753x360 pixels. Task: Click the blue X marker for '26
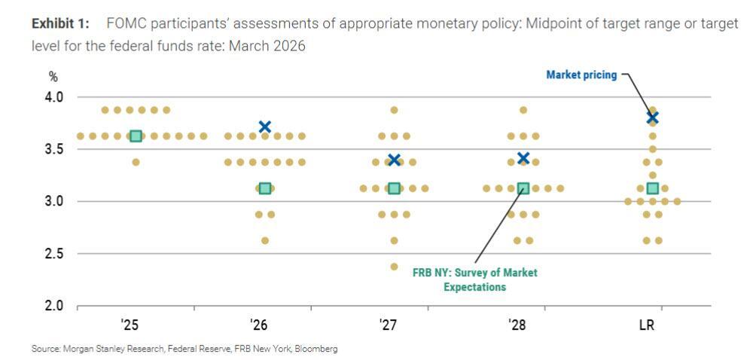tap(264, 127)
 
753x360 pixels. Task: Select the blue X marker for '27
tap(394, 160)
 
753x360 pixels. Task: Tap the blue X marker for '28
tap(523, 158)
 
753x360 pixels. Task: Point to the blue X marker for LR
tap(653, 117)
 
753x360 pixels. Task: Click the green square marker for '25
tap(136, 136)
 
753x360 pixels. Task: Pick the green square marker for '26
tap(264, 188)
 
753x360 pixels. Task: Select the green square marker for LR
tap(653, 188)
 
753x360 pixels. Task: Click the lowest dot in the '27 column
tap(394, 267)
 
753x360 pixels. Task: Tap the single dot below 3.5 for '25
tap(136, 162)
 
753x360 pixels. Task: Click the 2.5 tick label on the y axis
tap(53, 254)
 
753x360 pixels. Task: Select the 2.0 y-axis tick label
tap(53, 306)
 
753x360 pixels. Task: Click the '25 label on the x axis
tap(130, 325)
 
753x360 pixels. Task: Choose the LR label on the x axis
tap(646, 325)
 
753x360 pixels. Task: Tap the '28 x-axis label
tap(517, 325)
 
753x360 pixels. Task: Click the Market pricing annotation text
tap(581, 75)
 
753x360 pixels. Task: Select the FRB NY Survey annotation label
tap(474, 279)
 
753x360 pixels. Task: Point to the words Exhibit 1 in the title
tap(59, 24)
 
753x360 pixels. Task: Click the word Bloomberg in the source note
tap(316, 349)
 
